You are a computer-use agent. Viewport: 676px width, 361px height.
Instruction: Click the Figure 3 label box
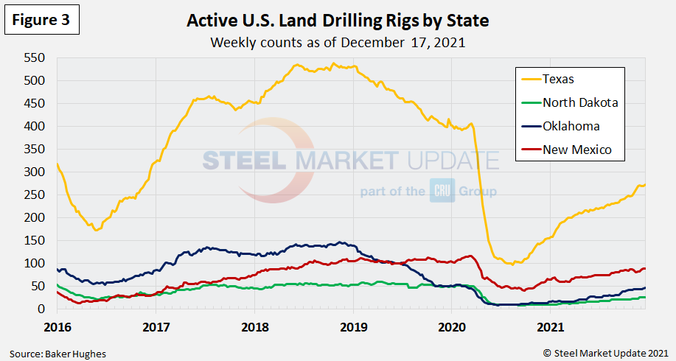tap(41, 21)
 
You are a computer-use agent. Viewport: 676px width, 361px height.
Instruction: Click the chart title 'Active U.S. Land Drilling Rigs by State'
tap(338, 21)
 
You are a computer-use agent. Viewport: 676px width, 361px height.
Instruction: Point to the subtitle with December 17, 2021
tap(338, 42)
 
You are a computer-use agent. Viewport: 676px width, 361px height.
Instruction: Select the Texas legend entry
tap(558, 79)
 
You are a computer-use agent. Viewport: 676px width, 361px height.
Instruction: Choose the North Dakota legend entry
tap(579, 102)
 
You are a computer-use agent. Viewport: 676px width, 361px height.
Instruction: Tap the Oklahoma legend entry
tap(571, 126)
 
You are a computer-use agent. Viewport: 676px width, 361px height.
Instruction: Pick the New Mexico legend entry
tap(576, 150)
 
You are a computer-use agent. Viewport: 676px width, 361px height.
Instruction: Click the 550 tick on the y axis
tap(34, 57)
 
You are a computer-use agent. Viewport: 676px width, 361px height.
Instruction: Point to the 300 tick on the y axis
tap(34, 172)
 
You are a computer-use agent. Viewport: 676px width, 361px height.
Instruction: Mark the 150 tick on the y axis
tap(34, 240)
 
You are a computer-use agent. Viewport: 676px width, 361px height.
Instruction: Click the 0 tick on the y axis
tap(42, 309)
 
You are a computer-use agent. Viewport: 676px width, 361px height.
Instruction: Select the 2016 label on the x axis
tap(56, 325)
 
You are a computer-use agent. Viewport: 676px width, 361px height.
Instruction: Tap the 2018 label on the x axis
tap(254, 325)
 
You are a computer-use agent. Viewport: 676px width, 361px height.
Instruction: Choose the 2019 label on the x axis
tap(352, 325)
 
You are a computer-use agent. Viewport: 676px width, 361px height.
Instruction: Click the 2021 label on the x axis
tap(551, 325)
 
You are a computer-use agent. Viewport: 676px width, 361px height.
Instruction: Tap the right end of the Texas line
tap(646, 184)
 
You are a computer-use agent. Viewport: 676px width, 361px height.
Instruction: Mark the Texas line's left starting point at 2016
tap(57, 164)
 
